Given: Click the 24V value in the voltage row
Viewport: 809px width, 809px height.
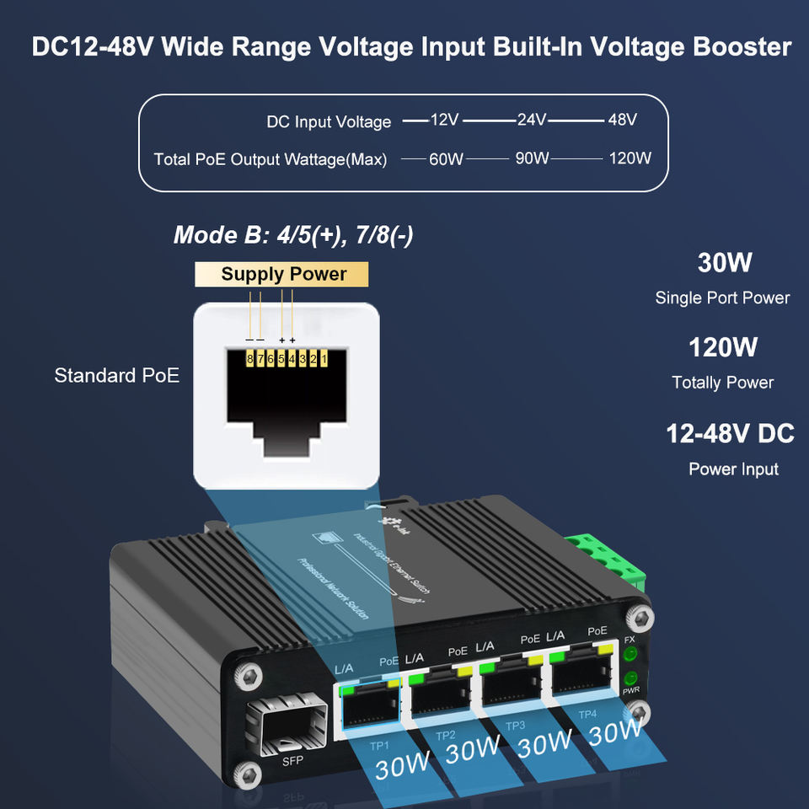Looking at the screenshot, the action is point(532,120).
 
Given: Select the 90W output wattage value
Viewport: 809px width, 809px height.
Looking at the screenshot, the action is point(532,158).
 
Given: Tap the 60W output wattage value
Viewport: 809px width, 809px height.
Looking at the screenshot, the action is point(446,158).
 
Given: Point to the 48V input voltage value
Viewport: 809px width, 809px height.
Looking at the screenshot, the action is point(622,120).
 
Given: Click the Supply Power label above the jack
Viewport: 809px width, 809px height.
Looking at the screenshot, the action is point(283,274).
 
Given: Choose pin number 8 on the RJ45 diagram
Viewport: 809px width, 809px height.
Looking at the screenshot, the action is point(250,359).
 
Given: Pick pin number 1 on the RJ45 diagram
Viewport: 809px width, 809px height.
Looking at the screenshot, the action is point(324,359).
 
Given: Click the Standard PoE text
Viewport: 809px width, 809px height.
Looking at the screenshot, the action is point(116,376).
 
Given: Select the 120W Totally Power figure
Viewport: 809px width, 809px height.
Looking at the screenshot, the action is point(723,347).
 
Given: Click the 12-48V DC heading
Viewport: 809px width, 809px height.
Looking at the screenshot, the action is point(730,434).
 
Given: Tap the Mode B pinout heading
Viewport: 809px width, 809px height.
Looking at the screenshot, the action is point(293,234).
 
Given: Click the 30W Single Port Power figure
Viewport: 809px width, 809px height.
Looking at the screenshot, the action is point(724,263).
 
